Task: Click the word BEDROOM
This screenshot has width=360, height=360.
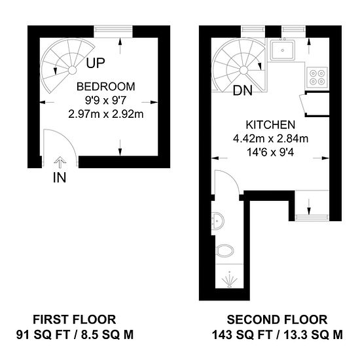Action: click(x=105, y=86)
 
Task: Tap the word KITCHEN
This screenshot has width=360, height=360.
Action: click(x=270, y=124)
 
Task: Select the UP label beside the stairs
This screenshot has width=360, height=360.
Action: click(x=96, y=63)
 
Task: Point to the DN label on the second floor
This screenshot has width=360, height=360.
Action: click(x=242, y=90)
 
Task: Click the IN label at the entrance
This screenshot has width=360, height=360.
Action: click(x=60, y=177)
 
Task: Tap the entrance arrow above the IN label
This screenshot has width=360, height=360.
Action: click(x=60, y=162)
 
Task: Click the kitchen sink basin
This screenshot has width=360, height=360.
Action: click(x=282, y=50)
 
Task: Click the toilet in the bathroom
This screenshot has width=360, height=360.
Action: click(x=225, y=250)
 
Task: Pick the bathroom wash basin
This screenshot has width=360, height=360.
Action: click(x=217, y=221)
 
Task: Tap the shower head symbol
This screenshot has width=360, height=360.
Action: click(x=230, y=279)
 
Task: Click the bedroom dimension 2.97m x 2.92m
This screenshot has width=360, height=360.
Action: click(x=106, y=114)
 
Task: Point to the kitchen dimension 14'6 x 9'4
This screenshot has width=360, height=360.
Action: click(x=270, y=153)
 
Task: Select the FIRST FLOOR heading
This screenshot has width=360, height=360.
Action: click(x=75, y=319)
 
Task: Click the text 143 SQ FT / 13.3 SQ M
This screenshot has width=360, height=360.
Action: click(x=277, y=334)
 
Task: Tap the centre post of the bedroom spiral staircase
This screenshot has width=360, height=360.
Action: click(x=72, y=70)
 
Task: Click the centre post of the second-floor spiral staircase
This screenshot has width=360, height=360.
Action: click(x=244, y=70)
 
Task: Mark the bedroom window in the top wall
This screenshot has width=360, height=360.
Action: click(x=113, y=31)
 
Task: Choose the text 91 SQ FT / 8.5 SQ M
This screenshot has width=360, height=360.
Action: click(x=75, y=334)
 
